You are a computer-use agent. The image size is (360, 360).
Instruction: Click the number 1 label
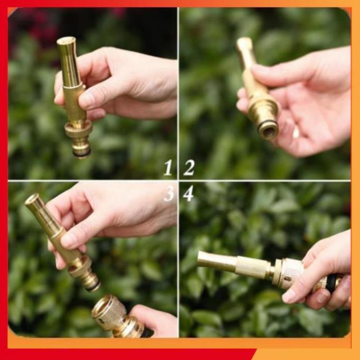pyautogui.click(x=168, y=168)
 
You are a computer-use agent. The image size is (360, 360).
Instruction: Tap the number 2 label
pyautogui.click(x=189, y=168)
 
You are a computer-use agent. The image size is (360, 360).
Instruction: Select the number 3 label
pyautogui.click(x=168, y=194)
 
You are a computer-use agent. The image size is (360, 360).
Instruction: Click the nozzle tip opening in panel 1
pyautogui.click(x=66, y=41)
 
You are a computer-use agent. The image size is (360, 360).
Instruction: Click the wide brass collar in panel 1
pyautogui.click(x=79, y=130)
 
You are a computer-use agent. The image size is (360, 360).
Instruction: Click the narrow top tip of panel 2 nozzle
pyautogui.click(x=244, y=42)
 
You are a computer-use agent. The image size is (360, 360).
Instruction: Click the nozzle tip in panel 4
pyautogui.click(x=201, y=259)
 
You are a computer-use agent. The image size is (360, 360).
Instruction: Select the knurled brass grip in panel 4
pyautogui.click(x=252, y=268)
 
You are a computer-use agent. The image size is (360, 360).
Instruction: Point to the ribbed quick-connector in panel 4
pyautogui.click(x=290, y=273)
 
